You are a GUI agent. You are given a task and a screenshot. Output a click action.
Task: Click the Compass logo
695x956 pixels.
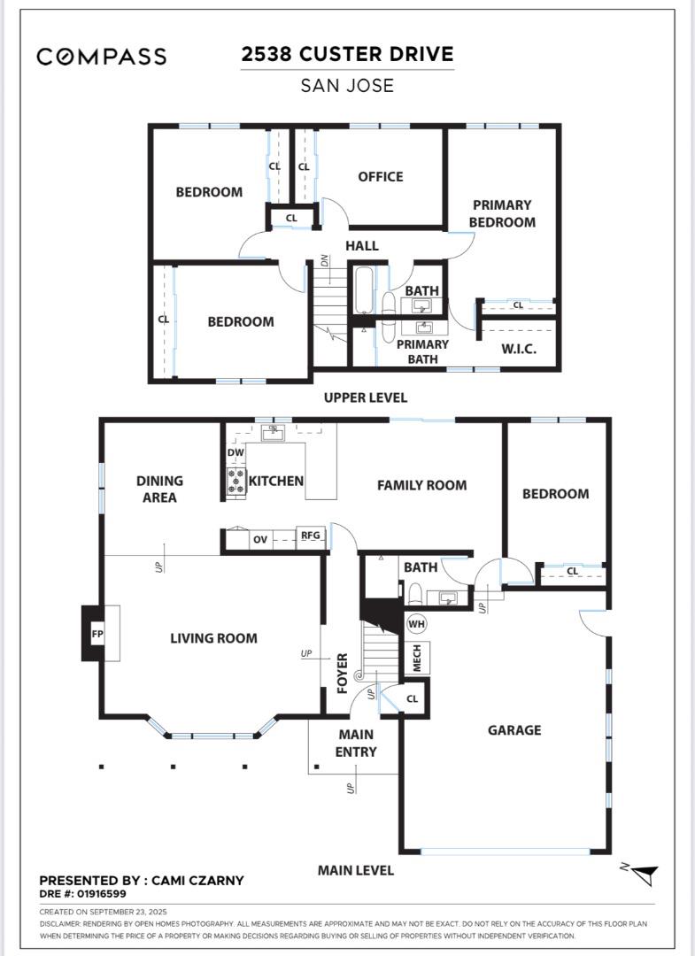[x=101, y=56]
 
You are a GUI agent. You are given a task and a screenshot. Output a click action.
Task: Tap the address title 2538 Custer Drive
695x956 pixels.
[x=347, y=54]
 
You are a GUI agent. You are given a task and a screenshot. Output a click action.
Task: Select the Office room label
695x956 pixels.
[x=381, y=177]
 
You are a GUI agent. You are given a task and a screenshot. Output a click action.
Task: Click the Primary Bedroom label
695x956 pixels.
[x=502, y=213]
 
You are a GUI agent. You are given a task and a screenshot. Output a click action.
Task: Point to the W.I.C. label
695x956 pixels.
[x=519, y=350]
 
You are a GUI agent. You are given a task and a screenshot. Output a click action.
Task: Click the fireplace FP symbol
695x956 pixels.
[x=97, y=634]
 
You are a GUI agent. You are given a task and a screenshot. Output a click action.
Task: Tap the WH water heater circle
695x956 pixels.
[x=416, y=624]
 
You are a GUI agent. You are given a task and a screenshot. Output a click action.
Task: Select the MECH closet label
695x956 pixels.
[x=417, y=658]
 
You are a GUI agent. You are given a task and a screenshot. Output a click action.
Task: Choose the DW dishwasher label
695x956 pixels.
[x=236, y=452]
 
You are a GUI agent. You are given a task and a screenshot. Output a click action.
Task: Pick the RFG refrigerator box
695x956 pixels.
[x=310, y=536]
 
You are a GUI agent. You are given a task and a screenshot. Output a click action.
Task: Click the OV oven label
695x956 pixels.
[x=260, y=540]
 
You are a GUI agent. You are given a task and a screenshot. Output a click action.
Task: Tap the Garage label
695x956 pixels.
[x=514, y=729]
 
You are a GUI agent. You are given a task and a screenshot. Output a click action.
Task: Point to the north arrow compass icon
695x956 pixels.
[x=641, y=874]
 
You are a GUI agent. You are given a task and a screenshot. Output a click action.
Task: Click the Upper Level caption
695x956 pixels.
[x=365, y=397]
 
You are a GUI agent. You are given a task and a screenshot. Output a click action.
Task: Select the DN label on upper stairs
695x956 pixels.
[x=325, y=260]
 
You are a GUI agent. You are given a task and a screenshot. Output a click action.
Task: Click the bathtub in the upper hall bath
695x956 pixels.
[x=364, y=291]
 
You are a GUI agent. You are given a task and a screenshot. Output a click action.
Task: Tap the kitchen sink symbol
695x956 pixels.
[x=272, y=433]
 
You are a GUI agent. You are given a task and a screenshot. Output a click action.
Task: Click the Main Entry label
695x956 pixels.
[x=356, y=744]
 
